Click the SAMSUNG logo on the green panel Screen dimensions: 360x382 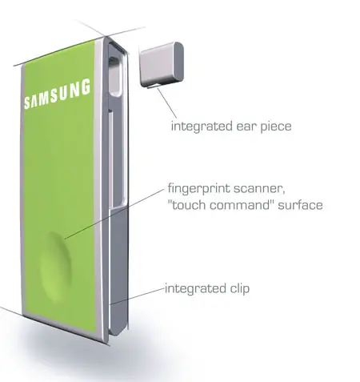pyautogui.click(x=57, y=94)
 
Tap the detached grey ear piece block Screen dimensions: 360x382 pyautogui.click(x=162, y=64)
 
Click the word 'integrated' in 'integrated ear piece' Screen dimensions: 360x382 pyautogui.click(x=202, y=126)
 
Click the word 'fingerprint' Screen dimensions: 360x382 pyautogui.click(x=198, y=189)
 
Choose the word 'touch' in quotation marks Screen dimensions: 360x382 pyautogui.click(x=187, y=205)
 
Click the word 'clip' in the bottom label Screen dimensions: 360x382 pyautogui.click(x=240, y=289)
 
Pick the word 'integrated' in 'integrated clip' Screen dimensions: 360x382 pyautogui.click(x=195, y=289)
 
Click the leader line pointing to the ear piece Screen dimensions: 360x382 pyautogui.click(x=166, y=103)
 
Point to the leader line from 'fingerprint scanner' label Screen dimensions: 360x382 pyautogui.click(x=114, y=214)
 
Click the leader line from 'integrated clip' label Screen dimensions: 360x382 pyautogui.click(x=138, y=296)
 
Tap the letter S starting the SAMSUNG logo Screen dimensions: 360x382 pyautogui.click(x=27, y=103)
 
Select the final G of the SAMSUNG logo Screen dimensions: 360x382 pyautogui.click(x=86, y=86)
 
